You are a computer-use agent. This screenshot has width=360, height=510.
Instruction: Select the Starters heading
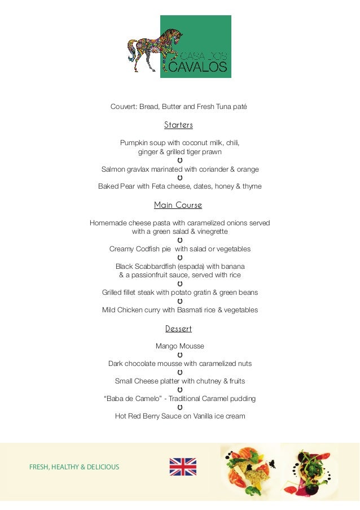[178, 125]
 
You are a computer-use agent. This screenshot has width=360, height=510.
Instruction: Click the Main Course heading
[178, 205]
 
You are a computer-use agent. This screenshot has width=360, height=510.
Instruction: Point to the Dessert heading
[178, 329]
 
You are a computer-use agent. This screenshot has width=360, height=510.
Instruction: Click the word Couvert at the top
[123, 106]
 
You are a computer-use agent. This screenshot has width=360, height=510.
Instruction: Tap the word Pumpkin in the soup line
[134, 142]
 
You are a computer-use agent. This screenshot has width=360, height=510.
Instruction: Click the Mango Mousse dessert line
[179, 346]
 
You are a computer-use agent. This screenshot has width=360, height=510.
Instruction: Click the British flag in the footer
[183, 467]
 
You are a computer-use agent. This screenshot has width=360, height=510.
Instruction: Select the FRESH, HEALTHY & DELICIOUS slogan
[74, 467]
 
